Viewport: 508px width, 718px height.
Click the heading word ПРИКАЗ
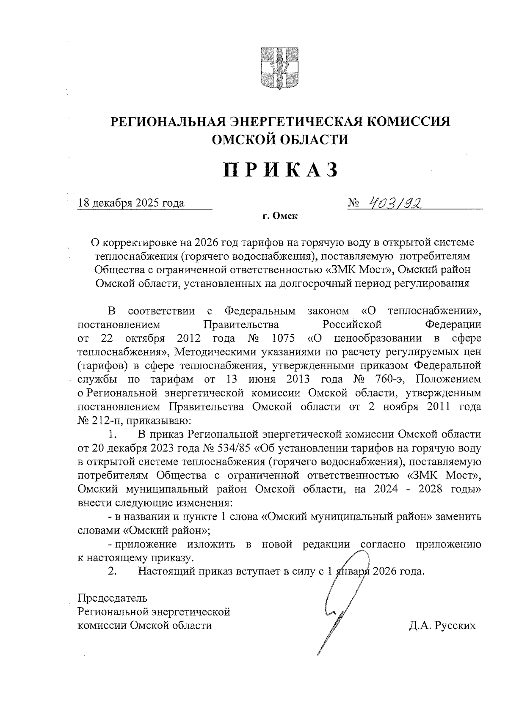click(281, 170)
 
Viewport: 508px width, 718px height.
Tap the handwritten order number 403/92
click(397, 204)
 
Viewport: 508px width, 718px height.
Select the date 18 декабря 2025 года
click(131, 203)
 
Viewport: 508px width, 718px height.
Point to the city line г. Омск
click(280, 217)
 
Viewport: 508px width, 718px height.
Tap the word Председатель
click(113, 598)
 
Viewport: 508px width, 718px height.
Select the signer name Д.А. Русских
click(442, 625)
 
